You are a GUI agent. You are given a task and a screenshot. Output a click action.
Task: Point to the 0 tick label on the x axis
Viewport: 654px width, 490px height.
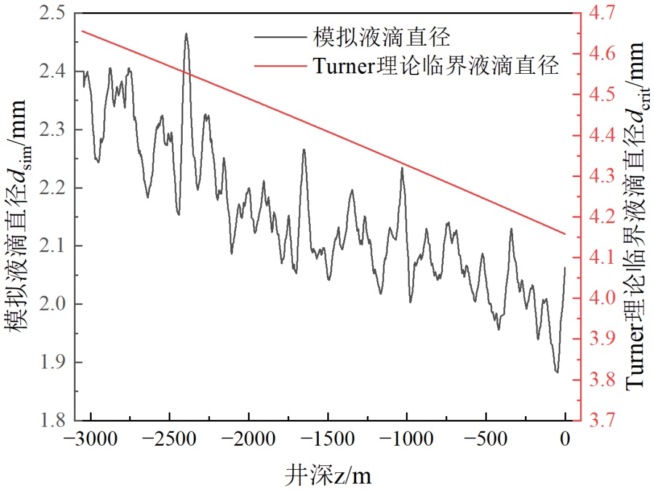[565, 441]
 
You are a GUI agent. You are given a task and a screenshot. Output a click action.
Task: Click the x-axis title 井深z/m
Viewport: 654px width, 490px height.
[329, 474]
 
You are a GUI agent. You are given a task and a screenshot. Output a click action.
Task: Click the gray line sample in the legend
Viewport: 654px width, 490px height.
[276, 38]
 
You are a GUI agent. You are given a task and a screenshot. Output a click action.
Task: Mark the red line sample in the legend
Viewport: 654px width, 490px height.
[276, 65]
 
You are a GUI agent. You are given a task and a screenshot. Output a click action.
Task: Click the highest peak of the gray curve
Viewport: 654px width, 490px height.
[186, 34]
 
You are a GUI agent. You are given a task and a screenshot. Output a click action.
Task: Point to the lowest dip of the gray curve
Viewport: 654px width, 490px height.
[557, 372]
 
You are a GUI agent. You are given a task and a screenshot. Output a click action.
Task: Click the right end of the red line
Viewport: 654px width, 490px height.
[565, 234]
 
